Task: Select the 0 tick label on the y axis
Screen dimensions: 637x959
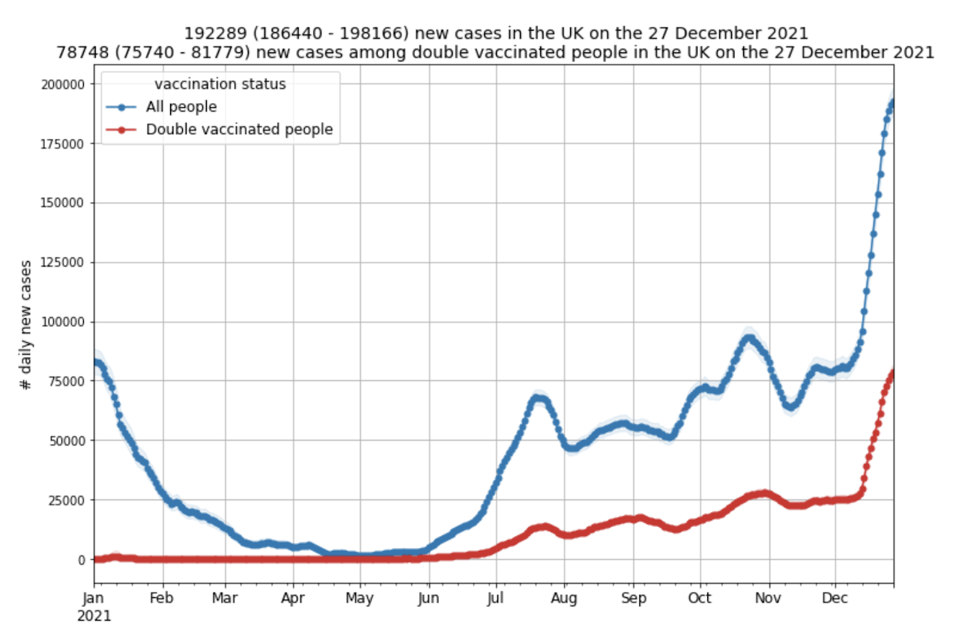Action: point(82,559)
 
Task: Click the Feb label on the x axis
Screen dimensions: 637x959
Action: point(161,599)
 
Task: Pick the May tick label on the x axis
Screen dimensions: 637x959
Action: point(361,599)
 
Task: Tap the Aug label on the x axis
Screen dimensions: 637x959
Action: point(564,599)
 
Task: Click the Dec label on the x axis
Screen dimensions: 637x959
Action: point(835,599)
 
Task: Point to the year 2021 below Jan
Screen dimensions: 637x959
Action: point(94,616)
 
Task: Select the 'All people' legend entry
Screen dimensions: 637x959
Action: point(181,107)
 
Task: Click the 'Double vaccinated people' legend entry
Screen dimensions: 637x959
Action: point(239,129)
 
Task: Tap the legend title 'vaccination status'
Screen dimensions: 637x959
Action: point(220,85)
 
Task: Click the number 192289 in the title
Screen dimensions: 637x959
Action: point(209,34)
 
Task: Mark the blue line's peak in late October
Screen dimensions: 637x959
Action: point(748,338)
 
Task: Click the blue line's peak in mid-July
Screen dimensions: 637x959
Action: point(537,397)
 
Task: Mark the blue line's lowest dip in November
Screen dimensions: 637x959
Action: point(790,407)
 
